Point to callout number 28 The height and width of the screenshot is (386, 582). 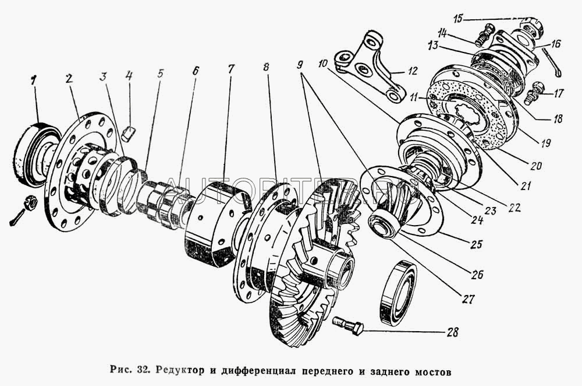click(451, 334)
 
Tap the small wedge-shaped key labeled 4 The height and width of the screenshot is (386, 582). click(129, 134)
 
